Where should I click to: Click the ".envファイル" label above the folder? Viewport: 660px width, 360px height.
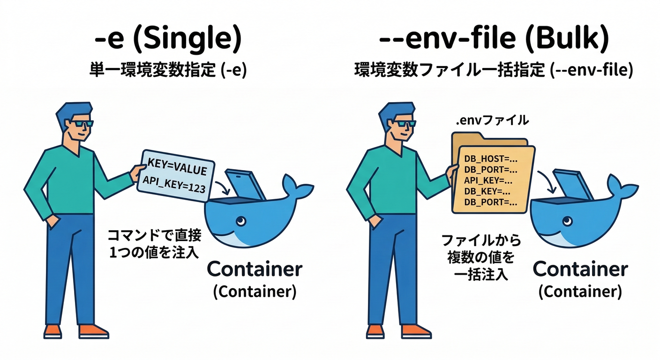pyautogui.click(x=492, y=121)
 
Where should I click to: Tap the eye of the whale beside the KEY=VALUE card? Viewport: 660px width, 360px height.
pyautogui.click(x=241, y=220)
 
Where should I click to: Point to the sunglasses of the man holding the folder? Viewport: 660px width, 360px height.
pyautogui.click(x=404, y=124)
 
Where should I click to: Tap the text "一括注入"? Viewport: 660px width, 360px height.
pyautogui.click(x=481, y=274)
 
